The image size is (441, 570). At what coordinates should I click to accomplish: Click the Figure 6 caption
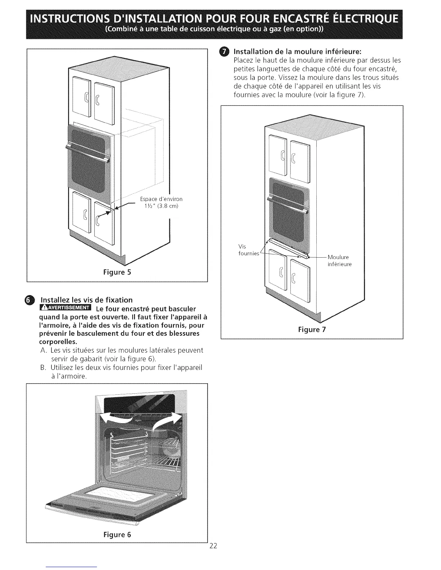117,534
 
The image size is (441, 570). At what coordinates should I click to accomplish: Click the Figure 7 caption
312,330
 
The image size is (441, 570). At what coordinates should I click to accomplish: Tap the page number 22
213,546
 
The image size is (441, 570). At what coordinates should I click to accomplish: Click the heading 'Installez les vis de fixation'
86,300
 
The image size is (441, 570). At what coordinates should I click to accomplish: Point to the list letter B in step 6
42,367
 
